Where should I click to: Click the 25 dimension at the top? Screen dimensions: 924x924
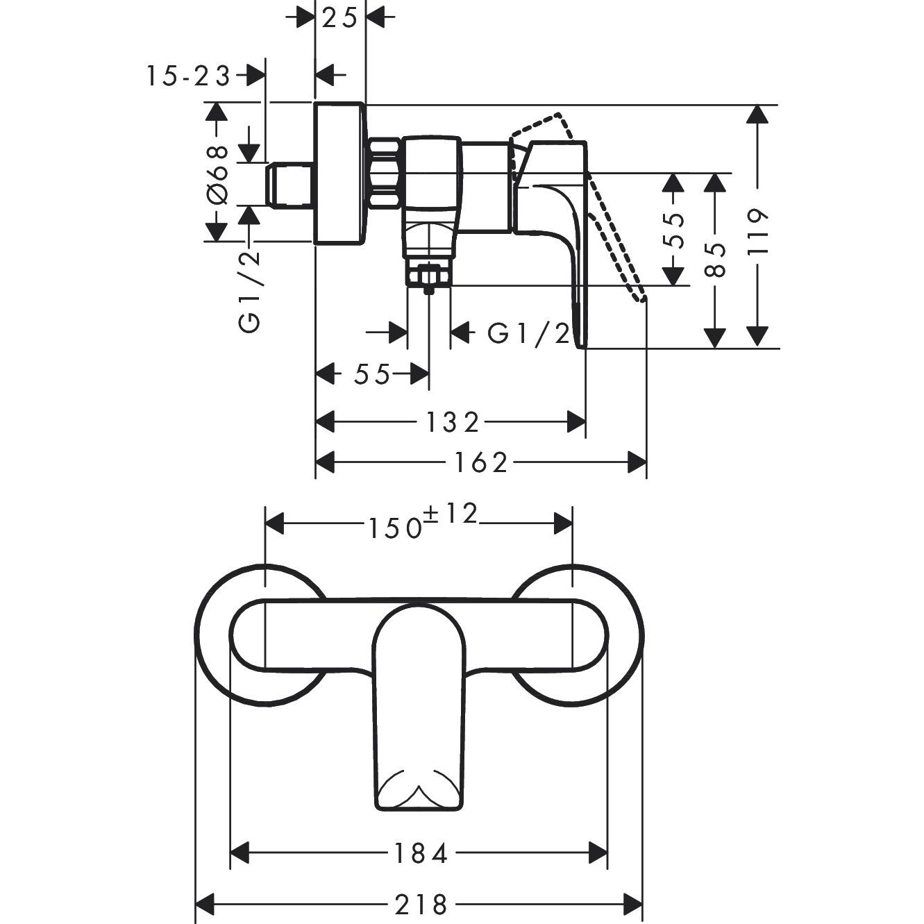point(340,17)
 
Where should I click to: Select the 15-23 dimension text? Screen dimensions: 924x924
point(187,76)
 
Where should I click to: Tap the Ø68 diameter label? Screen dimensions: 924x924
point(217,174)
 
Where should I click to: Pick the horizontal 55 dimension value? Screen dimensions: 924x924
point(373,375)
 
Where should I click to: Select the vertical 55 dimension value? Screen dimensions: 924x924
point(673,230)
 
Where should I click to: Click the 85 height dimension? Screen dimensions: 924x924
point(715,260)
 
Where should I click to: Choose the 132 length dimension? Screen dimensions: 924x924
point(452,421)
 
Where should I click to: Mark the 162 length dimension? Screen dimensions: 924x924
point(481,462)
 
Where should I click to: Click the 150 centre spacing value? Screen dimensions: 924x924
point(394,528)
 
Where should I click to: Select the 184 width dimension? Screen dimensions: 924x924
point(420,852)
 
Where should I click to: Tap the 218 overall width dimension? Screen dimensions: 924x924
point(421,905)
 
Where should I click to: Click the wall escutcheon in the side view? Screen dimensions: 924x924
point(339,174)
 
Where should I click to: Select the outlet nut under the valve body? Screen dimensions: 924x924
point(429,276)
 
